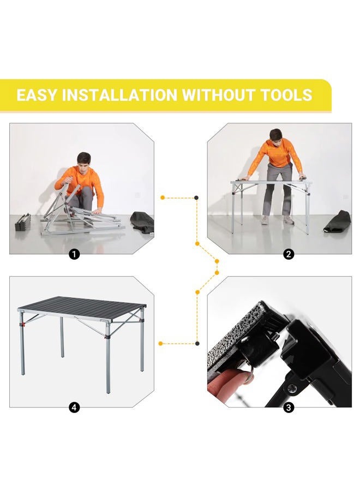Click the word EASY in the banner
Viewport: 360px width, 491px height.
point(37,95)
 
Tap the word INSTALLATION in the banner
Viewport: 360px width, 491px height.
point(119,95)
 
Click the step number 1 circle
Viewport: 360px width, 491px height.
point(75,254)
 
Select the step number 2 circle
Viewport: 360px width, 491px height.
point(289,254)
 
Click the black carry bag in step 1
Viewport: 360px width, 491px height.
point(141,223)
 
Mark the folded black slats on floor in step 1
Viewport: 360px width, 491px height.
point(23,223)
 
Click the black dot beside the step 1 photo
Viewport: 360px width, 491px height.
point(196,197)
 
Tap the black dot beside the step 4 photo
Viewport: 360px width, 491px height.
point(197,343)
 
